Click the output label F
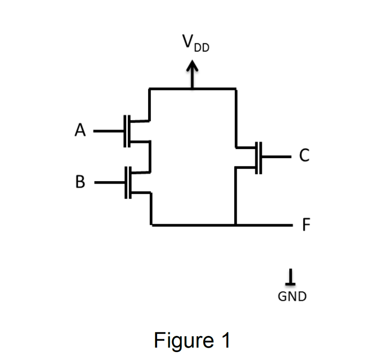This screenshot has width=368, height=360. (x=305, y=225)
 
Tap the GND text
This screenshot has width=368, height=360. (x=292, y=297)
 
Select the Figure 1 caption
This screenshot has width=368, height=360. (x=192, y=340)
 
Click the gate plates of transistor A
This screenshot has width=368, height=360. (x=126, y=131)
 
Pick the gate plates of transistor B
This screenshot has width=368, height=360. (x=127, y=183)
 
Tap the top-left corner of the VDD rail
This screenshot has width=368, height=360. (x=149, y=88)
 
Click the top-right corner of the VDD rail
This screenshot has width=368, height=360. (x=236, y=88)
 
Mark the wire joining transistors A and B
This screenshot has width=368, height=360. (x=149, y=156)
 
